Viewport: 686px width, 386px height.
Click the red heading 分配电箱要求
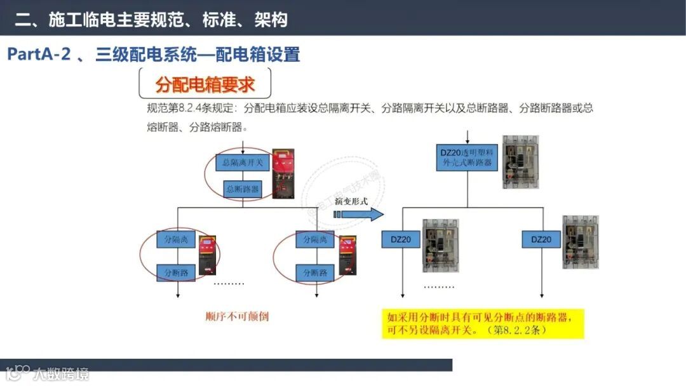[x=205, y=84]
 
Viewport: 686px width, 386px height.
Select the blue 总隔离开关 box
[x=243, y=163]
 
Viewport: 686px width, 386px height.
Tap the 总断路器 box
[x=242, y=189]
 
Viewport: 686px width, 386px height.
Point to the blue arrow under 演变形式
[x=359, y=215]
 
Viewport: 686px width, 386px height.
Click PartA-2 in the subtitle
[x=38, y=55]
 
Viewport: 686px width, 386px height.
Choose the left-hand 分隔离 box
[x=176, y=240]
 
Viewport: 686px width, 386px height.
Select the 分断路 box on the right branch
[x=315, y=273]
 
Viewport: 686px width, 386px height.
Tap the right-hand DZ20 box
[x=541, y=239]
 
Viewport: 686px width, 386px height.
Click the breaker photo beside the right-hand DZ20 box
[x=580, y=242]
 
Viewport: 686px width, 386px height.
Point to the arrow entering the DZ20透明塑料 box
[x=467, y=137]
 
